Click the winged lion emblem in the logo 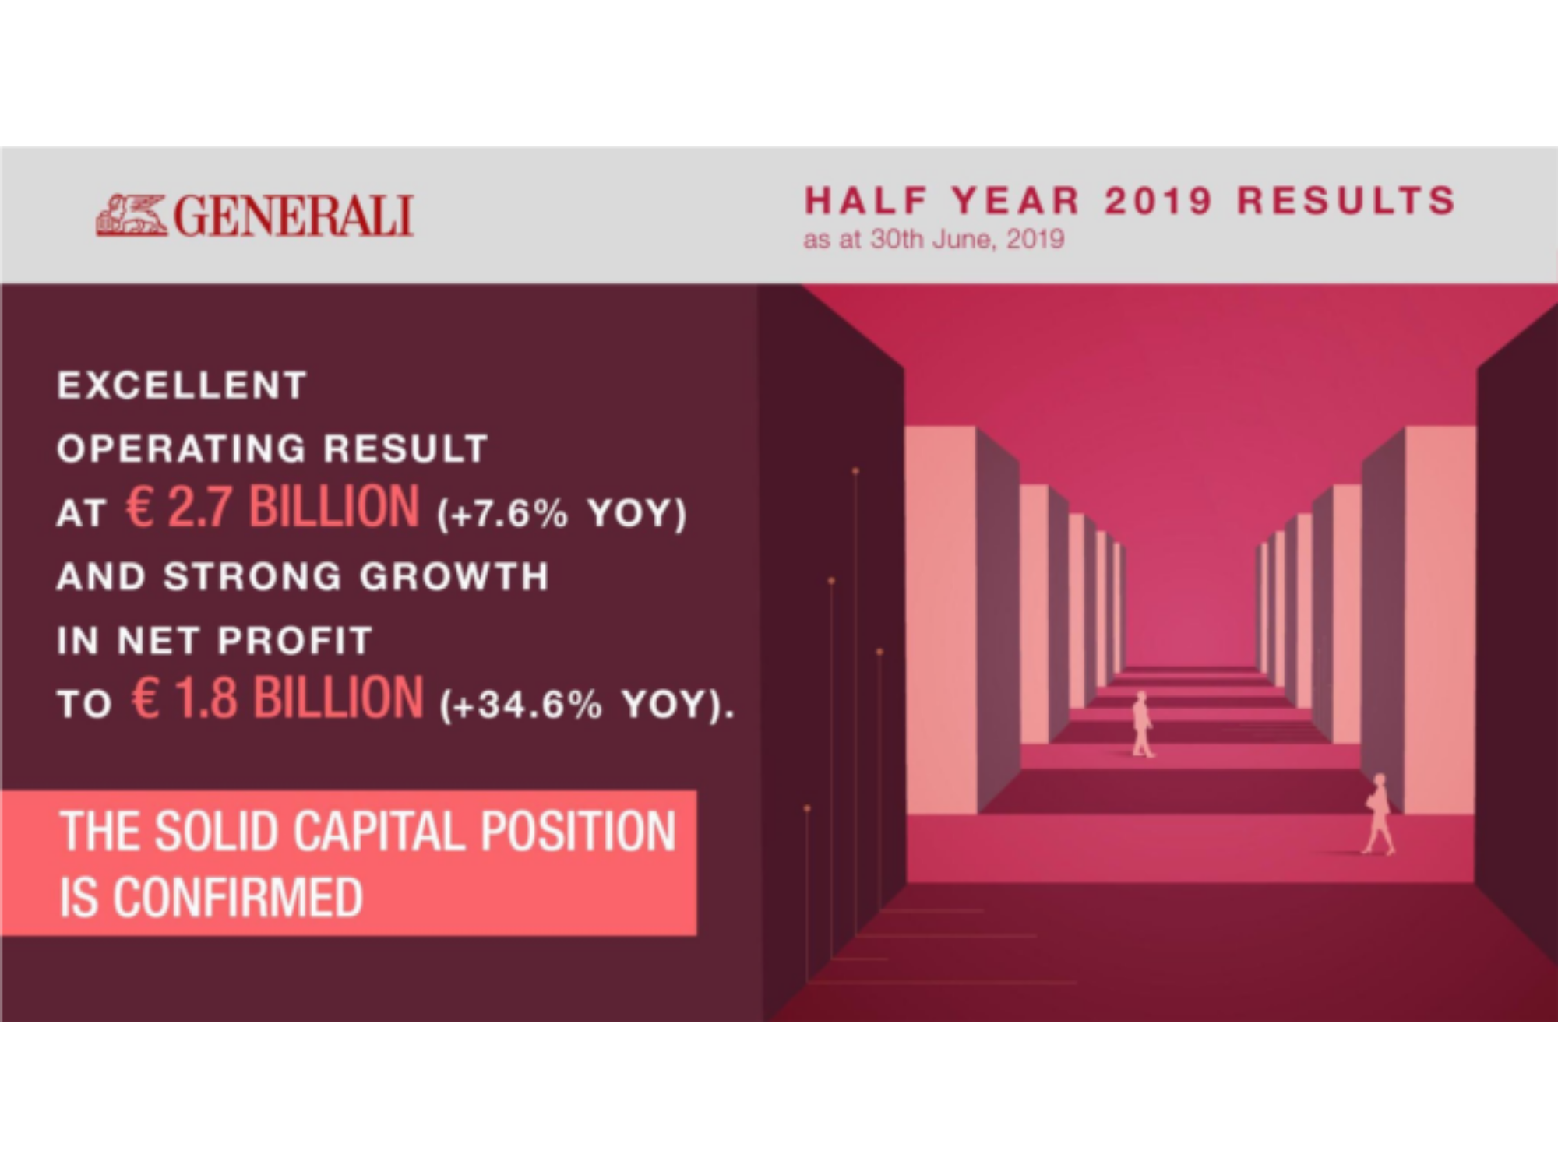[131, 215]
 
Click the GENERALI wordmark [293, 216]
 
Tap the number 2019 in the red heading [1159, 201]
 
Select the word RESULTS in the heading [1347, 201]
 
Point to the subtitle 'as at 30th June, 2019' [933, 239]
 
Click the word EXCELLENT [182, 385]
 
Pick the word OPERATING [182, 449]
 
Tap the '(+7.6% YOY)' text [562, 514]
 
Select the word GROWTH [454, 577]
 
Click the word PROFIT [295, 641]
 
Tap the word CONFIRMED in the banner [238, 898]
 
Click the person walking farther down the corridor [1142, 724]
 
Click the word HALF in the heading [865, 201]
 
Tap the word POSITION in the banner [578, 832]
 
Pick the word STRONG [252, 577]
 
